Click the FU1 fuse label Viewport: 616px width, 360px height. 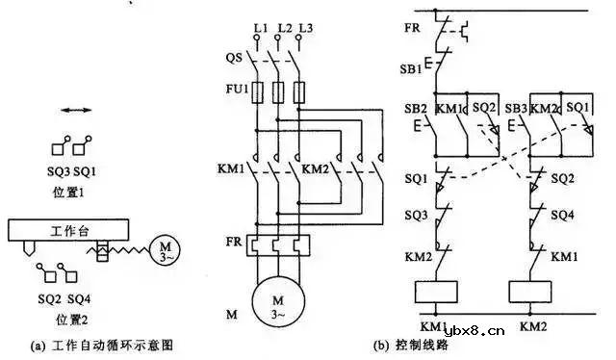click(235, 91)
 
